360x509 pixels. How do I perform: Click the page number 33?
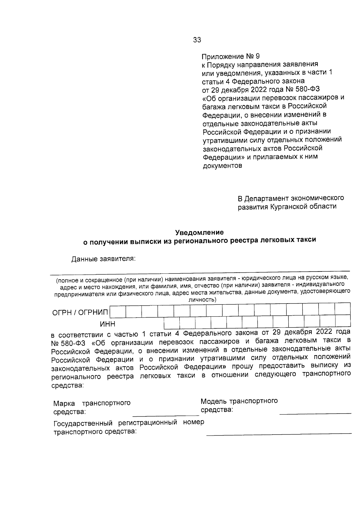(197, 40)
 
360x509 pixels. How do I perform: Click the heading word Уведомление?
(199, 232)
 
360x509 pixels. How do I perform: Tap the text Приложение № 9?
(230, 56)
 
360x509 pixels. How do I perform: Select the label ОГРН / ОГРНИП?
(80, 313)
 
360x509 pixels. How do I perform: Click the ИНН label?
(107, 324)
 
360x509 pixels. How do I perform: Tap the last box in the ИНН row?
(343, 322)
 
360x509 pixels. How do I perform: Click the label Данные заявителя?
(103, 259)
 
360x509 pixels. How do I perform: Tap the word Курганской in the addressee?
(289, 207)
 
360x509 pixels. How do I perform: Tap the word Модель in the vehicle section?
(214, 401)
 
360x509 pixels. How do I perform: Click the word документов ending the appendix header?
(222, 166)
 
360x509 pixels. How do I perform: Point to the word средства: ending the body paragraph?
(67, 385)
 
